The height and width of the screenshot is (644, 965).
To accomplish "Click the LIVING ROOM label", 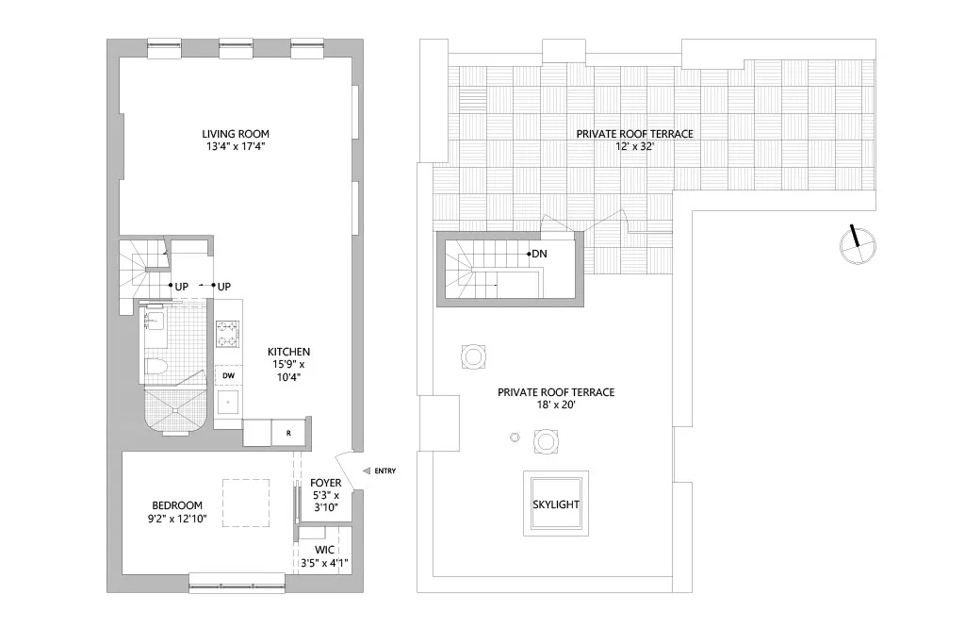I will click(x=237, y=134).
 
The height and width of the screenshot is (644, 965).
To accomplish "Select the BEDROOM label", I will click(x=177, y=505).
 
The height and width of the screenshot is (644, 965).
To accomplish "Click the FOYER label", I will click(x=326, y=483).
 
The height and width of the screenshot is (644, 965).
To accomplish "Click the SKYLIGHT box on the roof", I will click(x=556, y=504).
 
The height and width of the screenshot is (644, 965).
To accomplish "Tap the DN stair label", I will click(x=539, y=254).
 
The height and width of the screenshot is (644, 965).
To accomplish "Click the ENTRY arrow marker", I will click(x=367, y=471).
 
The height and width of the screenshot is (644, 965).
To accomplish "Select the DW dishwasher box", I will click(x=229, y=375).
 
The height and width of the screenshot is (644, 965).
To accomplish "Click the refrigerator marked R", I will click(x=288, y=432).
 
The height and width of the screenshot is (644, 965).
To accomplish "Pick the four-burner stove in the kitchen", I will click(x=229, y=334).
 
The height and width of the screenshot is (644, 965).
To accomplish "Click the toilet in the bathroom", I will click(x=158, y=366).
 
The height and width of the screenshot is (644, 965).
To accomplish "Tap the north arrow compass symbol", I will click(x=858, y=247).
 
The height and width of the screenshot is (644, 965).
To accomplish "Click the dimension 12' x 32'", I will click(x=634, y=148).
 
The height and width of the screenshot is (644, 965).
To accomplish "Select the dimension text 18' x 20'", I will click(x=555, y=405).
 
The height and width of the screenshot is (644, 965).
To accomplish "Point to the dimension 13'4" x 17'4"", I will click(x=237, y=147).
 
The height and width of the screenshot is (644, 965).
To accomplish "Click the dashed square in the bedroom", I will click(x=246, y=503).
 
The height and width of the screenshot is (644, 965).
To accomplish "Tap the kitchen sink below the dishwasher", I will click(x=227, y=403).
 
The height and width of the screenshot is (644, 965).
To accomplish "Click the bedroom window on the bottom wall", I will click(x=237, y=582).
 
